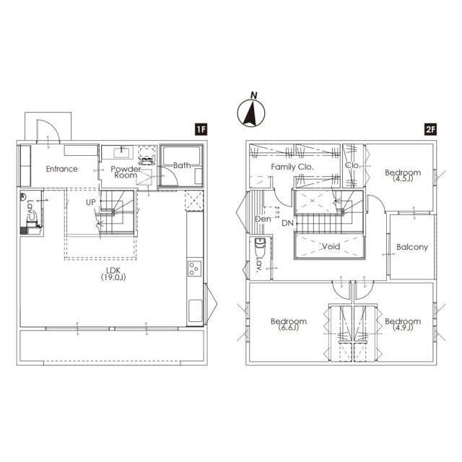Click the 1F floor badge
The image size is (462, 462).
click(x=201, y=129)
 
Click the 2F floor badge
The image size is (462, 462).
click(x=430, y=129)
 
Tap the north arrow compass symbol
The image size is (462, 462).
click(x=251, y=110)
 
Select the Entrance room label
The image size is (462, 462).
click(x=62, y=169)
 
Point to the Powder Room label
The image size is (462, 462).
click(x=126, y=172)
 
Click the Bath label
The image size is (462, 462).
click(x=182, y=165)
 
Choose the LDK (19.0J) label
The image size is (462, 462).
click(x=113, y=274)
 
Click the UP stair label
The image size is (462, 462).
click(x=91, y=202)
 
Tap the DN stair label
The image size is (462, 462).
click(x=287, y=223)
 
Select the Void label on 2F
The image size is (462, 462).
click(x=331, y=246)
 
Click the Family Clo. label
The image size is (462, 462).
click(x=292, y=167)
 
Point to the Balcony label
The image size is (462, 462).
click(x=412, y=247)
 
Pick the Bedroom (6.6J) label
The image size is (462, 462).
click(x=289, y=324)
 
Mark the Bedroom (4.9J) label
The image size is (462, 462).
click(x=403, y=324)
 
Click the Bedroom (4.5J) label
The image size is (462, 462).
click(x=403, y=175)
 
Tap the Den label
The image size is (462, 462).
click(x=263, y=219)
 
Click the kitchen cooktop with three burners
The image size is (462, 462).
click(x=195, y=269)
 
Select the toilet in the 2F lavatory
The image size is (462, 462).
click(x=260, y=247)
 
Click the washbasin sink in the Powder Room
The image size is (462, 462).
click(x=121, y=152)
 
